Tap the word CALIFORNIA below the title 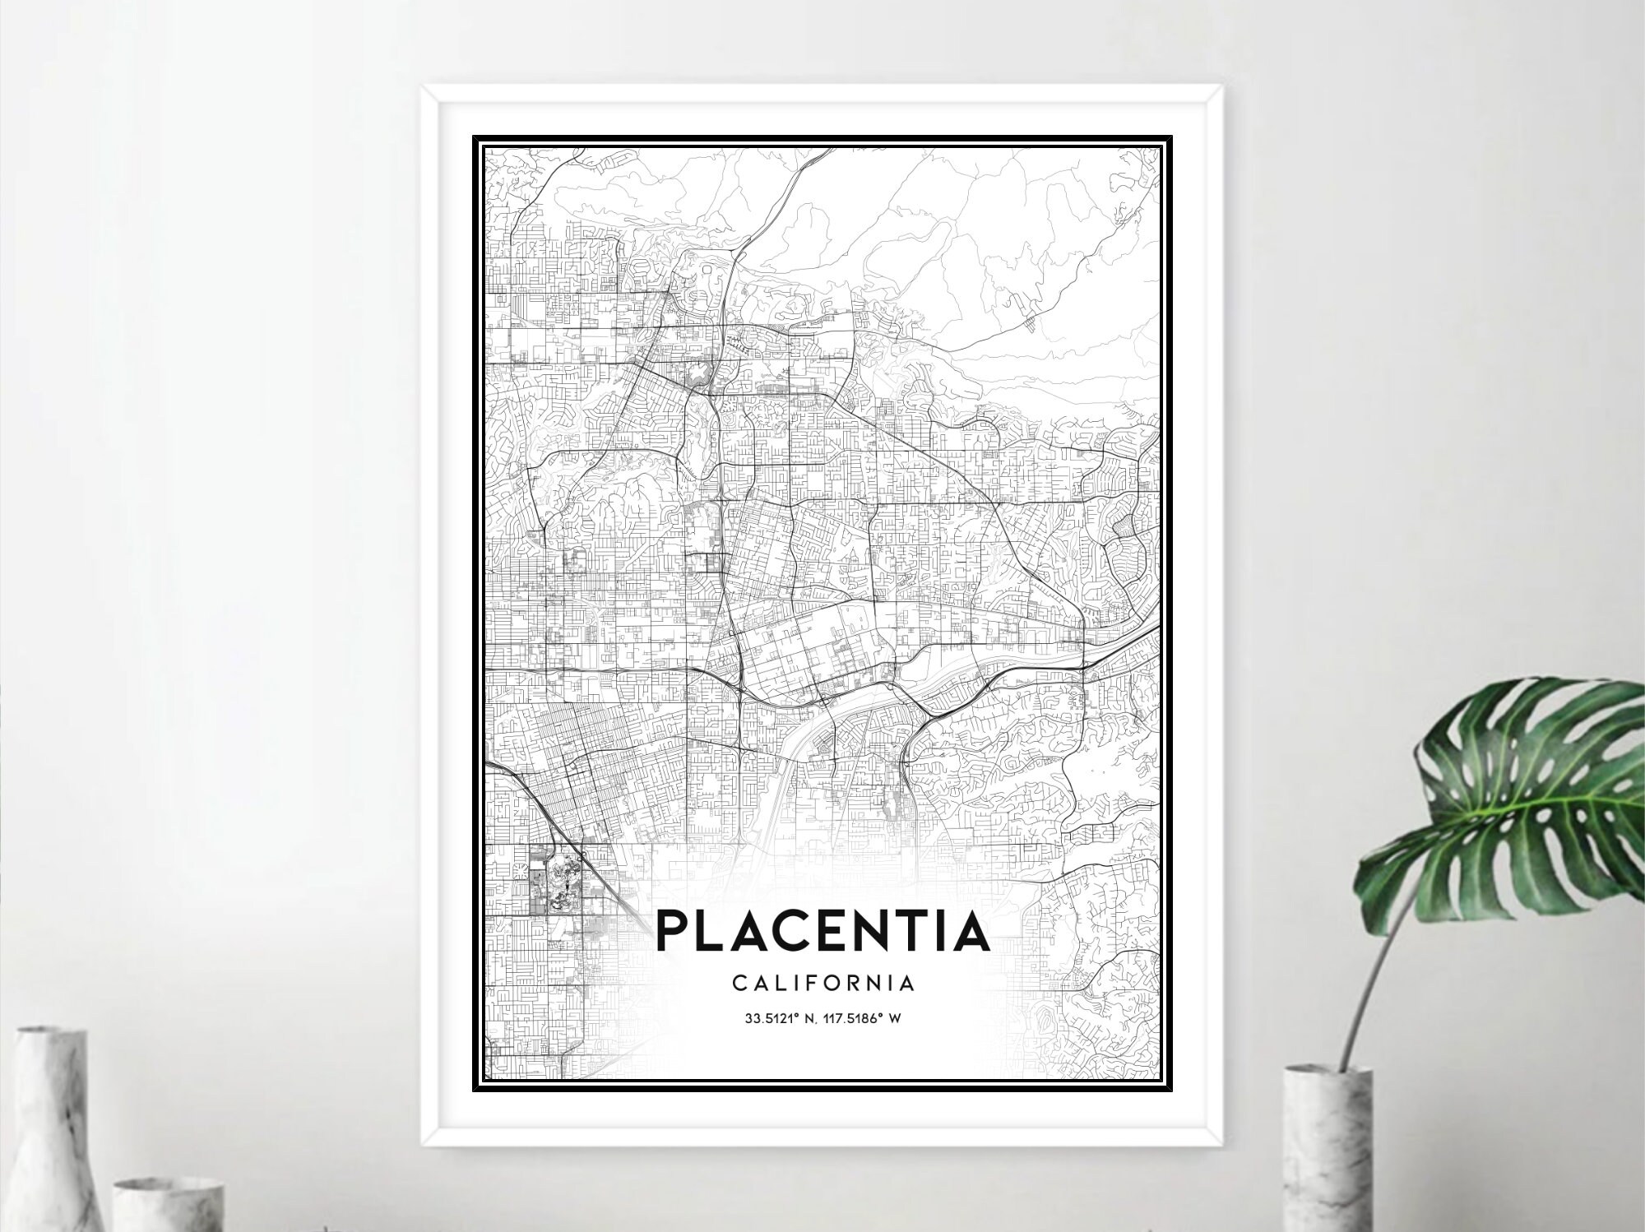coord(822,983)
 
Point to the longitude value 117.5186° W coord(864,1018)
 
